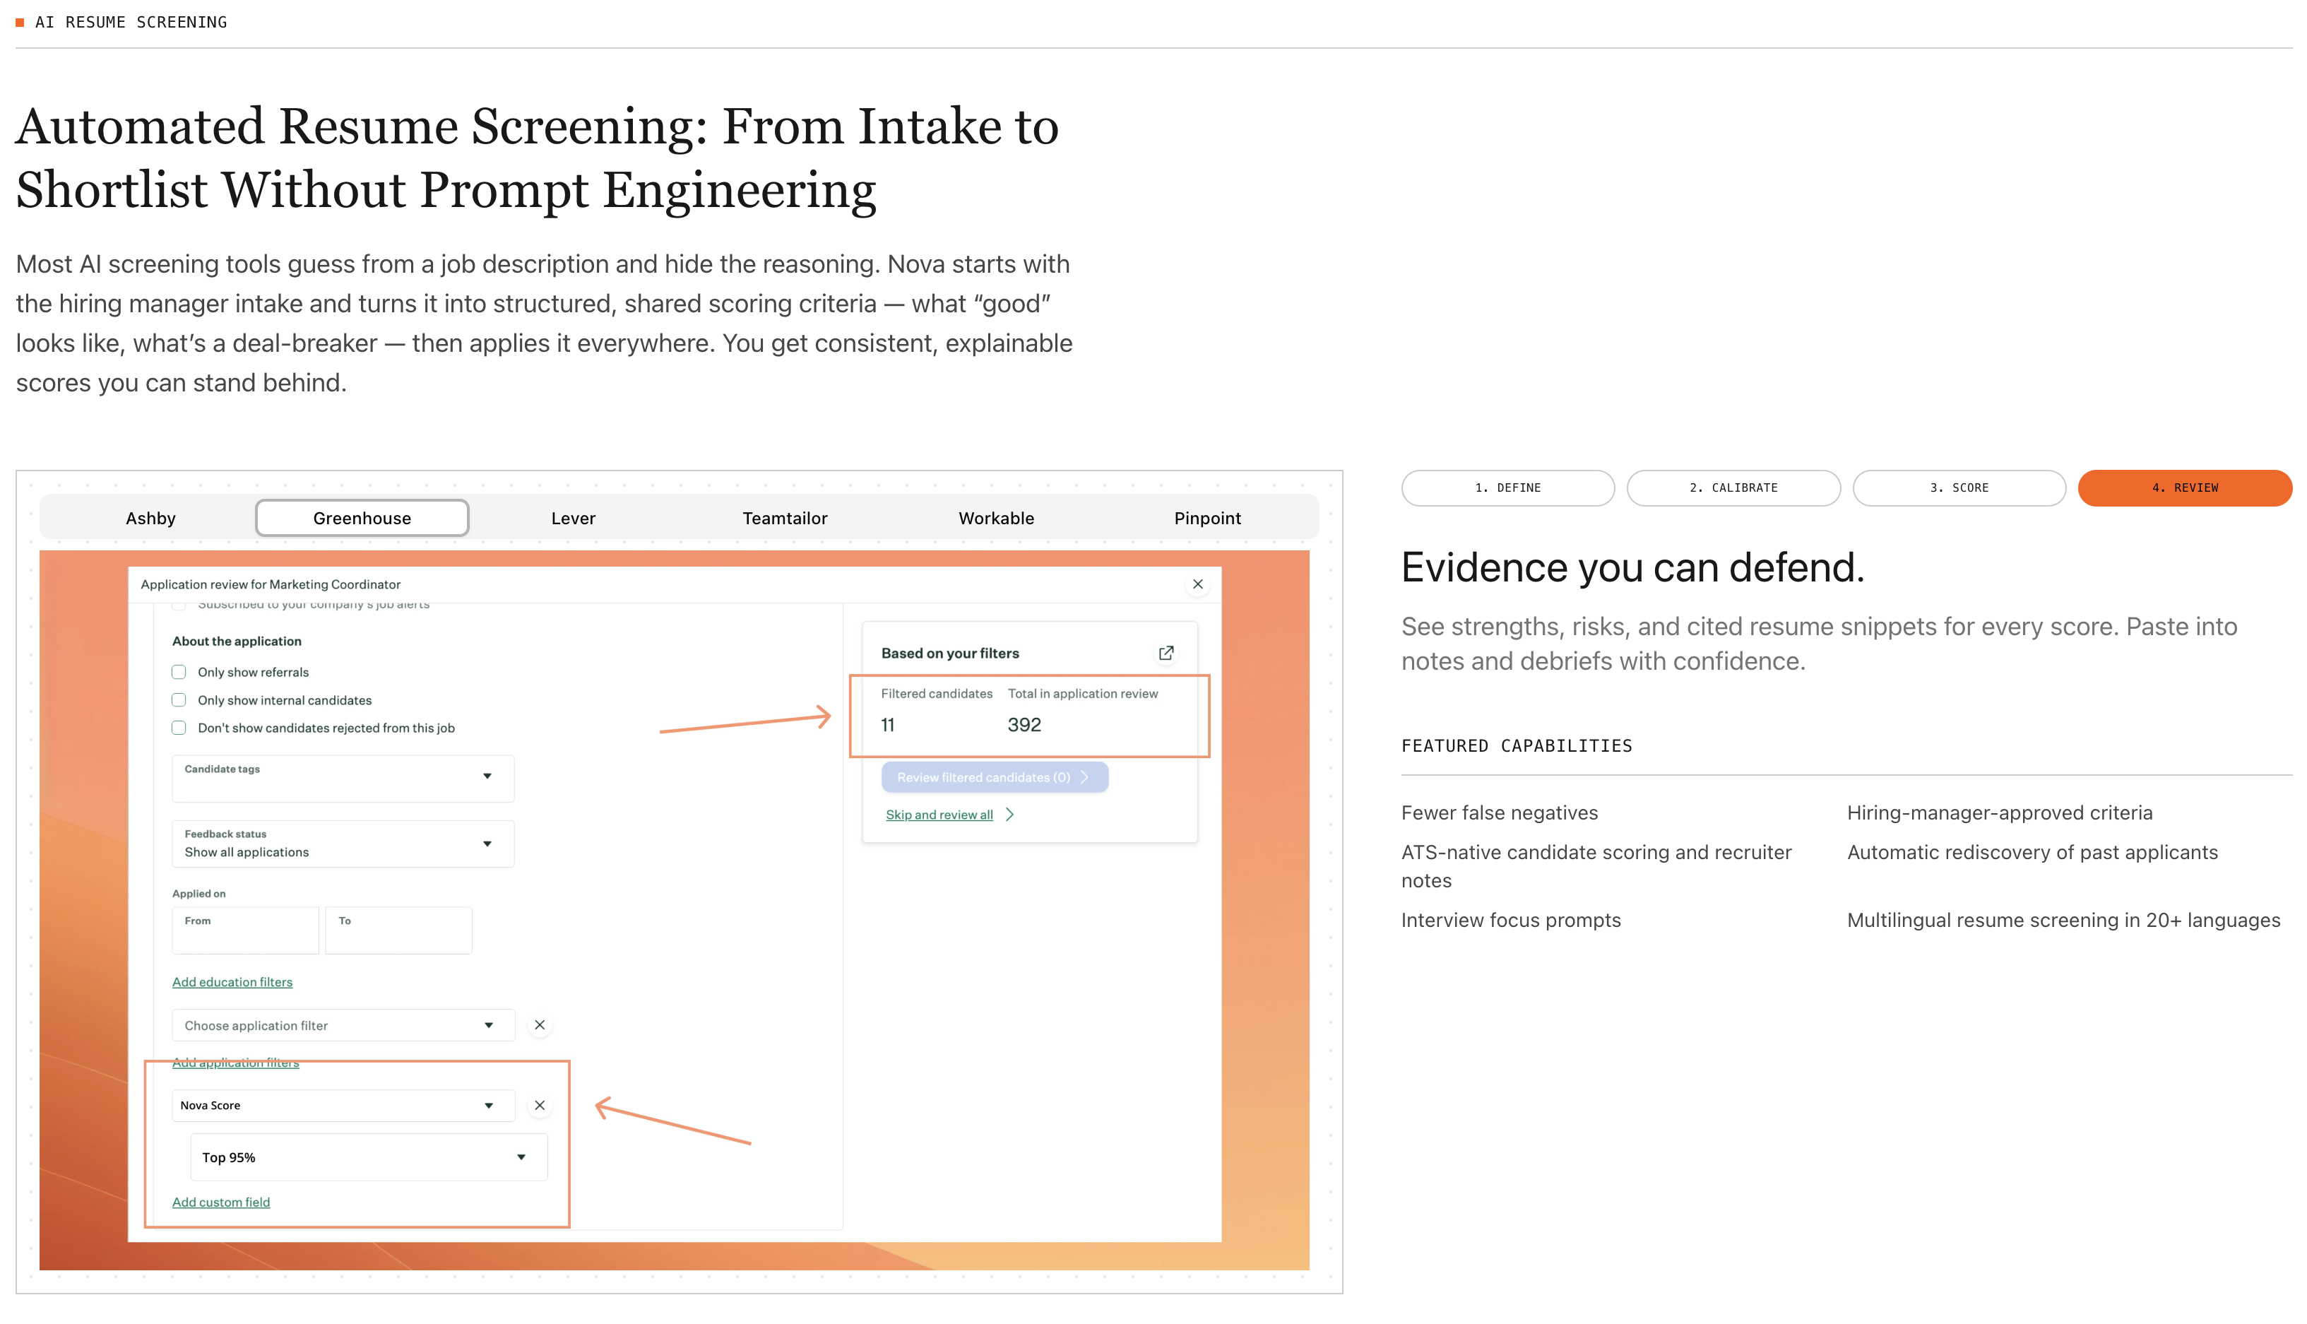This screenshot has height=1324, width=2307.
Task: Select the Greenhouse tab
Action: (x=362, y=519)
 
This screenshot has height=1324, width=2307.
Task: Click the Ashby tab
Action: (x=151, y=519)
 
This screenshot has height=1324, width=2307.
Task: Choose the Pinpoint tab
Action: (x=1207, y=519)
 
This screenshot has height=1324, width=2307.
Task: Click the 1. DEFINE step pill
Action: (x=1508, y=488)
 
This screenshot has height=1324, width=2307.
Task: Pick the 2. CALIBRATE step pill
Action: (x=1733, y=488)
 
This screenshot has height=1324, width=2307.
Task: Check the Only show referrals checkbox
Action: (x=179, y=672)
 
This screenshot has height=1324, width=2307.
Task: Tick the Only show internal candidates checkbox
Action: (x=179, y=700)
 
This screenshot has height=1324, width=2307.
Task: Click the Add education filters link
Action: (x=232, y=982)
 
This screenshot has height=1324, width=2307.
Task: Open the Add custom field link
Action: (x=221, y=1202)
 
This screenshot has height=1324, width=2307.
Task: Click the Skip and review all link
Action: (x=940, y=815)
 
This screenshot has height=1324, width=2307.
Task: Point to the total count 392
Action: (x=1024, y=725)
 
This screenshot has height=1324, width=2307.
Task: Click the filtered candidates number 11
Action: (x=888, y=725)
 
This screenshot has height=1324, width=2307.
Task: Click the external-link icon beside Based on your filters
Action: (x=1166, y=653)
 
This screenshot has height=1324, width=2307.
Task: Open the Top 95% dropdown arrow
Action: (x=521, y=1157)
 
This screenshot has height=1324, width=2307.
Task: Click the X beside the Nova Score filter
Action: (x=540, y=1106)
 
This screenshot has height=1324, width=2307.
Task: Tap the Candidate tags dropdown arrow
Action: (x=487, y=776)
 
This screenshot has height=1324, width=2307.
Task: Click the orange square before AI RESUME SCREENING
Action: (x=20, y=22)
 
